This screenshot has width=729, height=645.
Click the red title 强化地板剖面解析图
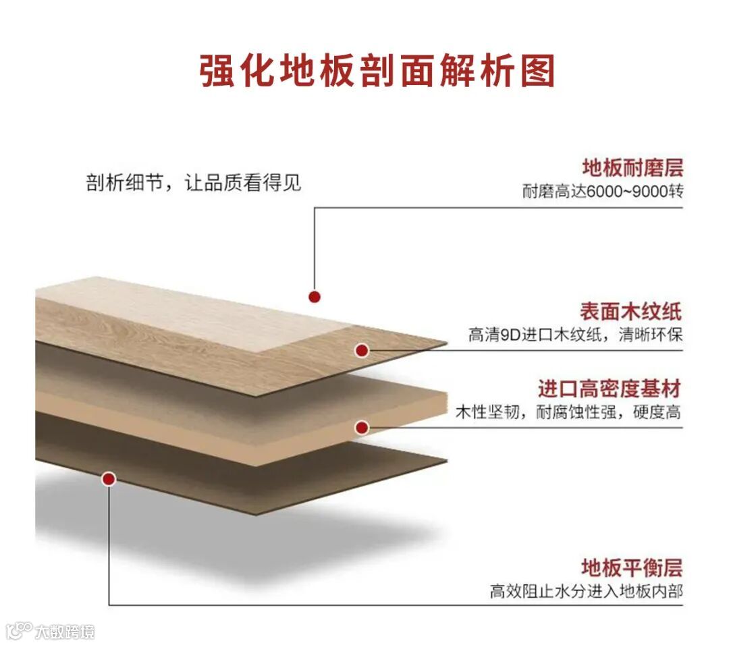pos(377,70)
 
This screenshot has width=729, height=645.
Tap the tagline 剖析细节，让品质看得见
pos(193,183)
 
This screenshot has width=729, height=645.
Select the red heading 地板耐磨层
pos(632,167)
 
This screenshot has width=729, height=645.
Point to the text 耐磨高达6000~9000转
pos(603,191)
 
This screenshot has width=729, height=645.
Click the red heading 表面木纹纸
pos(631,312)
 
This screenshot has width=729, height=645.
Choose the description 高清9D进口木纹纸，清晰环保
pos(575,335)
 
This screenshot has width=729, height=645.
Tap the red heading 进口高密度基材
pos(610,389)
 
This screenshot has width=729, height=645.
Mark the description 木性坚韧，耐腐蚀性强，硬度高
pos(568,412)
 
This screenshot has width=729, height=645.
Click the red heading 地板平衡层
pos(632,567)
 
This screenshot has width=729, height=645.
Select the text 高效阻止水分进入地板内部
pos(586,591)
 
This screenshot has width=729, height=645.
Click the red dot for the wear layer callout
pos(314,296)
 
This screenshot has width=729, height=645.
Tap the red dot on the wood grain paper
pos(362,350)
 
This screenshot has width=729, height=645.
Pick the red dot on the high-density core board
pos(362,427)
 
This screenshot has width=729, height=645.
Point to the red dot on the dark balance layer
pos(109,479)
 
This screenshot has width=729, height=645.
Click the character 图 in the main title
pos(537,70)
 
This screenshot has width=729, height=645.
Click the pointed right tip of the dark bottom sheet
pos(446,462)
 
